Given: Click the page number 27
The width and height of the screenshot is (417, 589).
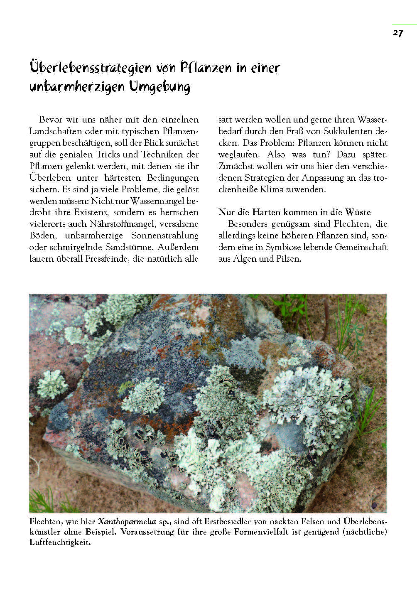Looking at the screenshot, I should [x=397, y=33].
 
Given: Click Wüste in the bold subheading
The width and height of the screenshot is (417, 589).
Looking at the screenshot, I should [x=358, y=212].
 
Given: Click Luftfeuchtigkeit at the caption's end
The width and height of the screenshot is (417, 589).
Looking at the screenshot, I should [x=59, y=543].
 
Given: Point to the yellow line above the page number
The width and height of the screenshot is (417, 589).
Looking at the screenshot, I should [x=404, y=25].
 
